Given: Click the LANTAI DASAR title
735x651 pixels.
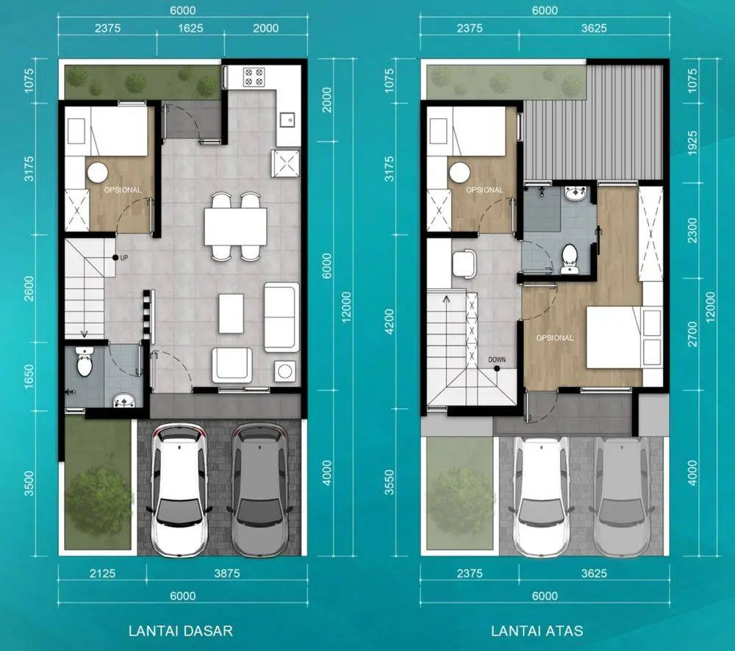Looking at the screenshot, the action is pos(181,630).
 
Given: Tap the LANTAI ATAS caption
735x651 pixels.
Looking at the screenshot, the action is pos(537,630).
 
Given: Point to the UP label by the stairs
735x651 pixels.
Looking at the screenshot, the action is pos(123,258).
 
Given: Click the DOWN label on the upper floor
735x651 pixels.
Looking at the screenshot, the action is pos(497,359).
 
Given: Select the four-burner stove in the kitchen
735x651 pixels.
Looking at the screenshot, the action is pos(254,77).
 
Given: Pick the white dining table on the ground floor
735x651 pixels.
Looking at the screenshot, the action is pos(235,226).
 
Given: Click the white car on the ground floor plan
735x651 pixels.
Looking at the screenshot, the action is pos(179,489).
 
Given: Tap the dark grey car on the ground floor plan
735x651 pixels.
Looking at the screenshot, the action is pos(259,489).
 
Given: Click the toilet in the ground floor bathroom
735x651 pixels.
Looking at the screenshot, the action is pos(85,362).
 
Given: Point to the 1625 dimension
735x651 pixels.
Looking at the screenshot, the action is pos(190,28).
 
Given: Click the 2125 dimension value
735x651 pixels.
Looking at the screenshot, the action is pos(102,573).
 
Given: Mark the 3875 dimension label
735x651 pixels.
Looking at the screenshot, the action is pos(227,573).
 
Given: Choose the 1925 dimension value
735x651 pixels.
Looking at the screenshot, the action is pos(692,143).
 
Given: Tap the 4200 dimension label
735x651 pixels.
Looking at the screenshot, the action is pos(390,322).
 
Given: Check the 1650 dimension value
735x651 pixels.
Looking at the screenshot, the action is pos(29,376).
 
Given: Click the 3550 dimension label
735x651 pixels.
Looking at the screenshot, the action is pos(390,483).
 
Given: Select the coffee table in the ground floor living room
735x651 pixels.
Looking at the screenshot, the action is pos(231,314).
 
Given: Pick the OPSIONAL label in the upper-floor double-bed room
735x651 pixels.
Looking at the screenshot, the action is pos(555,338).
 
